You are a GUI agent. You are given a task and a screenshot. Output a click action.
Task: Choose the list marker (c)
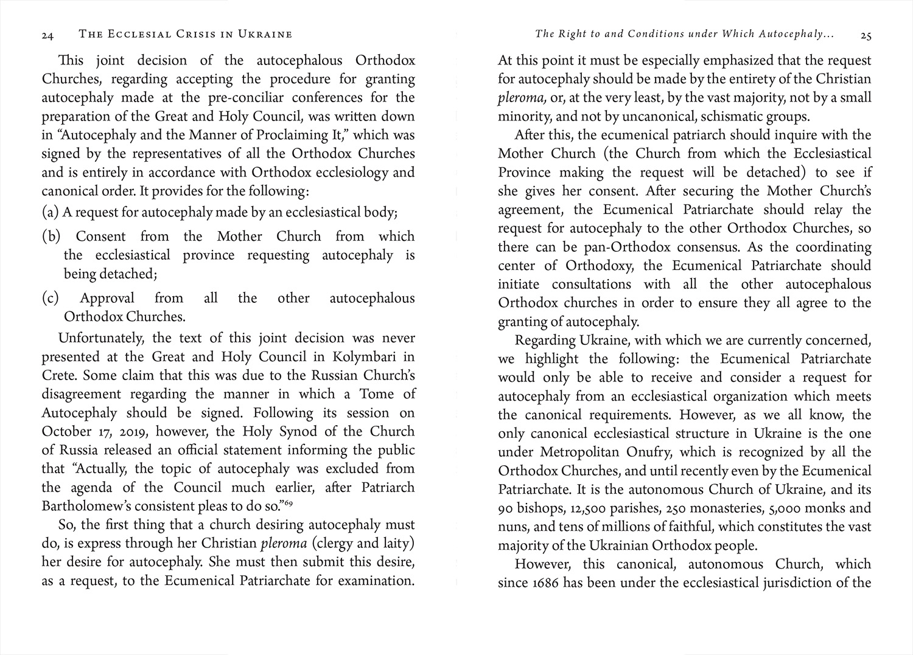[x=51, y=299]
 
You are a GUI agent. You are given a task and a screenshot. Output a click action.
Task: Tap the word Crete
[x=58, y=376]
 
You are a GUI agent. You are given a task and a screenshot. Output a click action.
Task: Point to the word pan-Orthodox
[x=593, y=248]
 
